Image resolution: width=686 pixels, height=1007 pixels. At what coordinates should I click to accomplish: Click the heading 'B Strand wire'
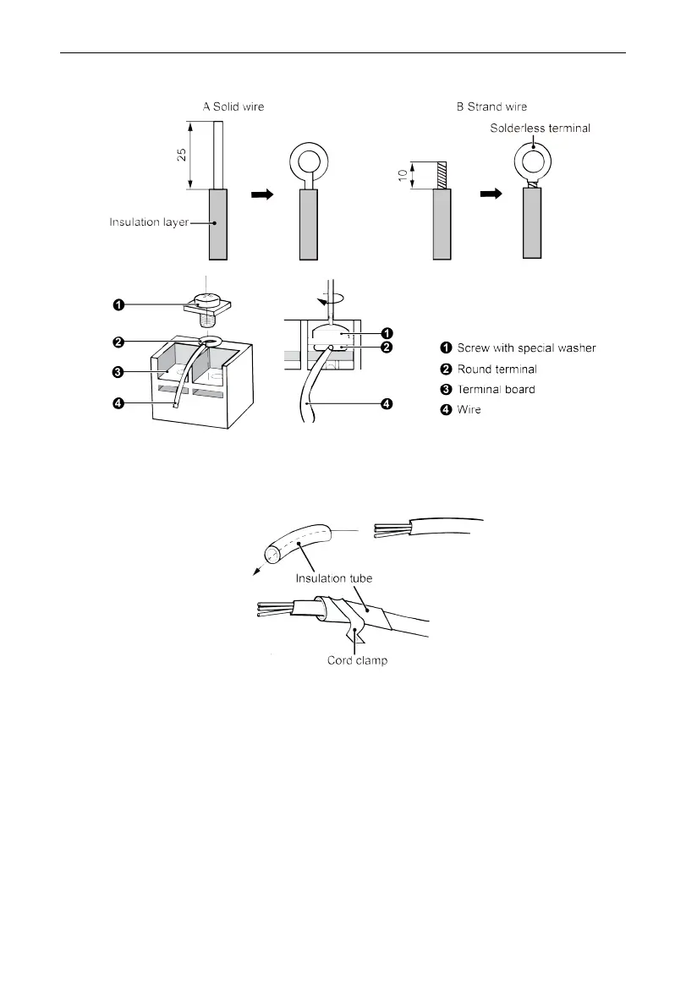[491, 107]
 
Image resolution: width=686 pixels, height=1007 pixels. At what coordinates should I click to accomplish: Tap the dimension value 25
[180, 156]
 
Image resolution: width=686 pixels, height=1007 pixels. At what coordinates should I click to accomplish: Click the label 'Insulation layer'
[148, 222]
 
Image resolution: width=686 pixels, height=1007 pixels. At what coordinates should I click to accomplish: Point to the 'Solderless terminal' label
[541, 128]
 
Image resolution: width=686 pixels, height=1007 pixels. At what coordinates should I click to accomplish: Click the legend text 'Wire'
[469, 411]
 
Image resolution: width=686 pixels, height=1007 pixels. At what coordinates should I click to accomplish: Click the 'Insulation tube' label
[335, 578]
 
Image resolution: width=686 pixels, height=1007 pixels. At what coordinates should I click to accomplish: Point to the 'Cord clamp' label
[357, 660]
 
